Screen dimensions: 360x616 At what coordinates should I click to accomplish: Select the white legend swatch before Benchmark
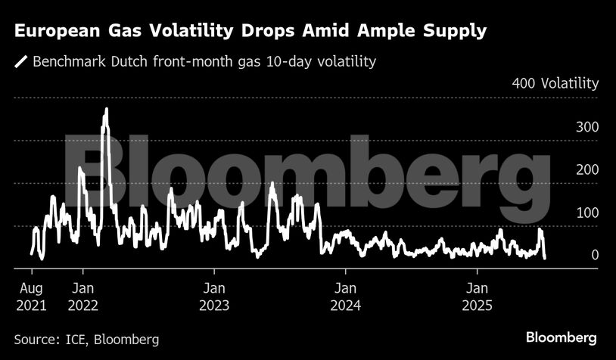pos(20,61)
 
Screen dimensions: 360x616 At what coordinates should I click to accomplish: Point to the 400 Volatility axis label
pos(555,83)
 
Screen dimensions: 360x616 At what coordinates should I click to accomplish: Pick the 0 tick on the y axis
pos(595,256)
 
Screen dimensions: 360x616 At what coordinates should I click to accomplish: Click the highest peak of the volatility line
pos(106,110)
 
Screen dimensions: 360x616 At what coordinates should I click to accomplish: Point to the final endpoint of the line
pos(545,258)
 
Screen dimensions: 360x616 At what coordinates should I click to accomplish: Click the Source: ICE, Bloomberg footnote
pos(86,339)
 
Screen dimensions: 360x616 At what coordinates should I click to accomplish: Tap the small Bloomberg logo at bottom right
pos(562,337)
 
